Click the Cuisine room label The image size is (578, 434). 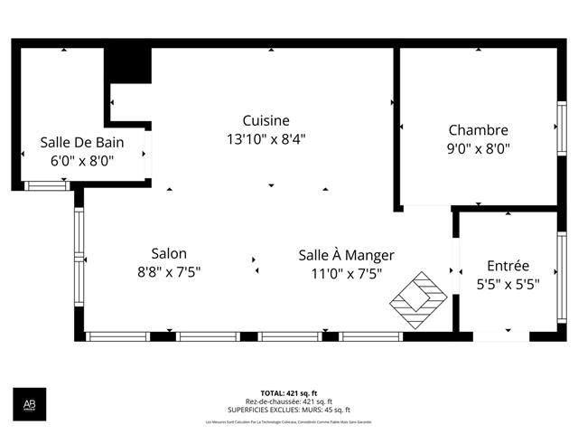[x=266, y=120]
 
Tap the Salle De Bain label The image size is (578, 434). [x=81, y=142]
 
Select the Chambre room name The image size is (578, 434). [x=478, y=130]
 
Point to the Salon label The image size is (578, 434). [x=169, y=253]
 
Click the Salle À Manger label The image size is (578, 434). [x=346, y=255]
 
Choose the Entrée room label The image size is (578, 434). [x=508, y=266]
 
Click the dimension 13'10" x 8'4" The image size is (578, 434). [x=266, y=139]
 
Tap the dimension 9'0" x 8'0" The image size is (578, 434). [x=479, y=149]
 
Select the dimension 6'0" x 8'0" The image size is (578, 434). [x=81, y=161]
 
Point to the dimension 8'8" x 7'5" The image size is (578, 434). [x=169, y=272]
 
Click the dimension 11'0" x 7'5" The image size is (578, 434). [x=346, y=273]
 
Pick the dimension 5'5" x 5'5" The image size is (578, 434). [x=508, y=284]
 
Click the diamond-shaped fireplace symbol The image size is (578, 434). [x=418, y=297]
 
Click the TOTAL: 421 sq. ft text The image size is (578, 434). [x=288, y=393]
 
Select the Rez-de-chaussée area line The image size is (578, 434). [x=288, y=401]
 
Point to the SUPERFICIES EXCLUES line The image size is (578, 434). [x=288, y=410]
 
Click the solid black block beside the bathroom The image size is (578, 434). [x=128, y=65]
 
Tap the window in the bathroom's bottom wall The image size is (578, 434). [x=45, y=185]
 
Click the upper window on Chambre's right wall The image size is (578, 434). [x=561, y=129]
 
